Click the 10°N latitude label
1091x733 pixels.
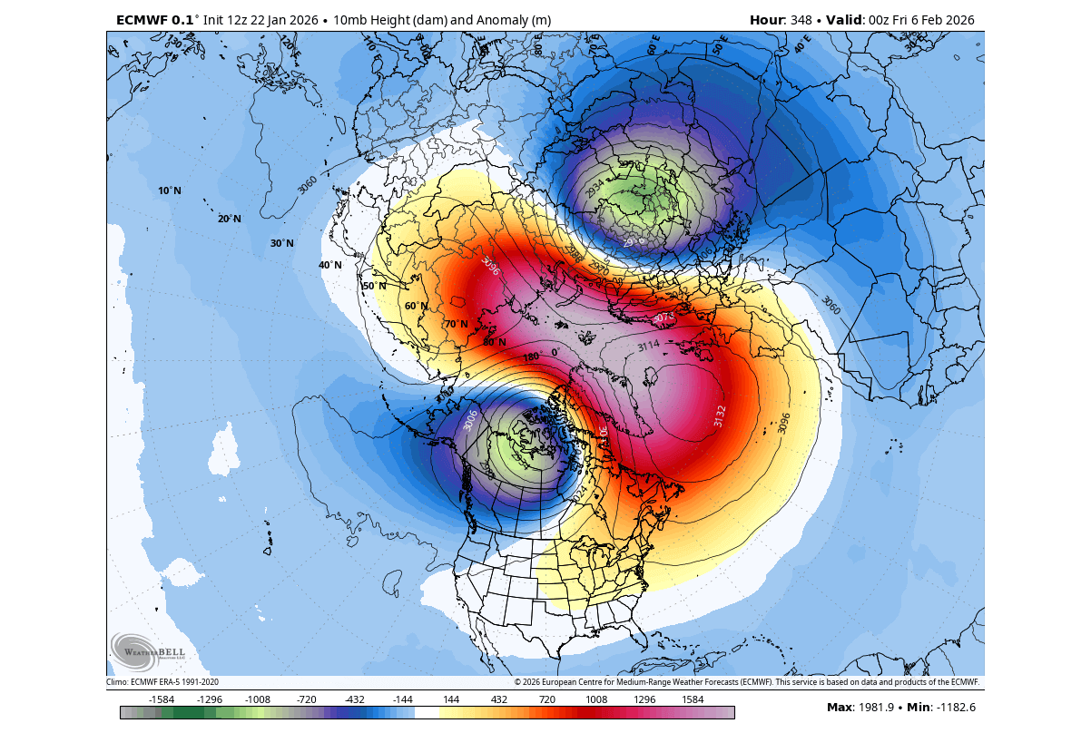coord(169,191)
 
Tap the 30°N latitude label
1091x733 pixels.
coord(281,243)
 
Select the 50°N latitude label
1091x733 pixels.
coord(375,286)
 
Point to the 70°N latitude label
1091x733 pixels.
coord(456,324)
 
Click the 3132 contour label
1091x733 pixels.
coord(719,416)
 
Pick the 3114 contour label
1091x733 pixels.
coord(648,346)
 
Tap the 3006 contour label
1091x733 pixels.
coord(470,419)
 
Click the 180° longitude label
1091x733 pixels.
coord(531,357)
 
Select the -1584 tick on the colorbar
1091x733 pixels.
coord(162,699)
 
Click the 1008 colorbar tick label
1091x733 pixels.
coord(596,699)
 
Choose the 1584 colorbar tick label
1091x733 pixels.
coord(693,699)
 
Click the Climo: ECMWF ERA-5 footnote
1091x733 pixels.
coord(162,681)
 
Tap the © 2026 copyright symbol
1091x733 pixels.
coord(517,681)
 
